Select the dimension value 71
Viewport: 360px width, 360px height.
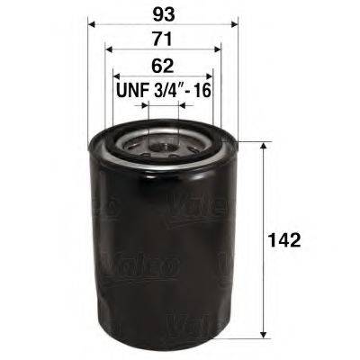click(x=162, y=40)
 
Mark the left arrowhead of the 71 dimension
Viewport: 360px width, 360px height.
click(x=109, y=50)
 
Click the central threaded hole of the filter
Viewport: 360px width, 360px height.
click(x=163, y=141)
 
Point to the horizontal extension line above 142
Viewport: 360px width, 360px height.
click(x=252, y=141)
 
